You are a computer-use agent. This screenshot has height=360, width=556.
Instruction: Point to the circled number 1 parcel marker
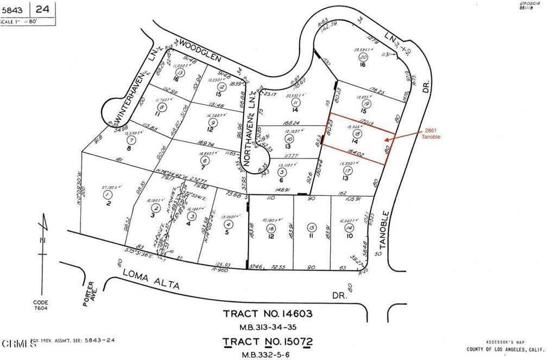point(108,194)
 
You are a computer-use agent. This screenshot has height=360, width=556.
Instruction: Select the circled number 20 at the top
point(364,56)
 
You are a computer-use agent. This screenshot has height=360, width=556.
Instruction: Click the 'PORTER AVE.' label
point(90,293)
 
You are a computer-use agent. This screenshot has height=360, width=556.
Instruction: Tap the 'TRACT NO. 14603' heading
point(268,314)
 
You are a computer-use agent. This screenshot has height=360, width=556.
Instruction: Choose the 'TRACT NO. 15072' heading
point(268,342)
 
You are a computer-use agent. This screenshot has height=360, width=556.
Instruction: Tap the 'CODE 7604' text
point(40,306)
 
